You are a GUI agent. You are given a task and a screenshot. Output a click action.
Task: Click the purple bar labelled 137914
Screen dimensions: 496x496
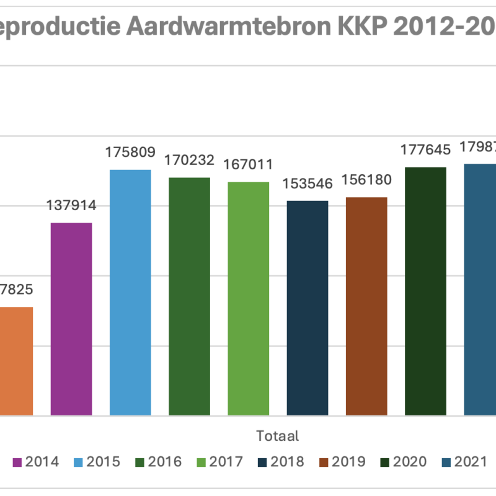click(x=71, y=319)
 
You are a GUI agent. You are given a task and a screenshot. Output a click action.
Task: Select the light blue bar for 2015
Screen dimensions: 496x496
click(x=130, y=292)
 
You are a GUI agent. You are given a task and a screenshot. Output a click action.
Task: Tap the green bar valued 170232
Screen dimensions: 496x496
click(x=189, y=296)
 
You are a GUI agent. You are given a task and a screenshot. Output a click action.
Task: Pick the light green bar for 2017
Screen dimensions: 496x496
click(x=248, y=298)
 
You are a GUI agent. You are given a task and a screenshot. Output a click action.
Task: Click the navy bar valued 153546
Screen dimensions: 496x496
click(x=307, y=308)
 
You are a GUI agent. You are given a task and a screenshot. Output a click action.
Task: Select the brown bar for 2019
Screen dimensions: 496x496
click(x=366, y=306)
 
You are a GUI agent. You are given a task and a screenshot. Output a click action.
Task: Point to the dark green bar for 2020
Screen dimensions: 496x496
click(x=425, y=291)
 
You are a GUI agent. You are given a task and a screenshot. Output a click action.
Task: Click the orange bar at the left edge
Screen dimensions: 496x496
click(x=16, y=361)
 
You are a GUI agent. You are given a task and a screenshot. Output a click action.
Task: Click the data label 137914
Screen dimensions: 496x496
click(x=71, y=206)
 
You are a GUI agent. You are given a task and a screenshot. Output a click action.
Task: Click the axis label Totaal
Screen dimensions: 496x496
click(x=277, y=436)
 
